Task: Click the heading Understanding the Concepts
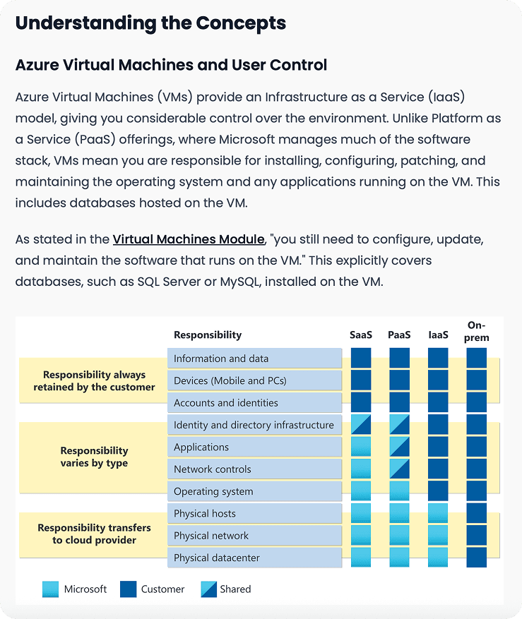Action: pyautogui.click(x=150, y=23)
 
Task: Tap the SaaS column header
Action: pyautogui.click(x=360, y=335)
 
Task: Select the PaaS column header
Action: pyautogui.click(x=399, y=335)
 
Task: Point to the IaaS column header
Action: pyautogui.click(x=438, y=335)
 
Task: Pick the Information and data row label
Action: pyautogui.click(x=220, y=359)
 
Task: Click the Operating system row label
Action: pyautogui.click(x=213, y=491)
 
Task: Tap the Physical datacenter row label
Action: pyautogui.click(x=216, y=558)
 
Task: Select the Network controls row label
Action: pyautogui.click(x=212, y=469)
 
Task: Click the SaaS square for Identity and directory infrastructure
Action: pyautogui.click(x=361, y=425)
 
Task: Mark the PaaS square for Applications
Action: pyautogui.click(x=399, y=447)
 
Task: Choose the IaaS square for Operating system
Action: pyautogui.click(x=438, y=491)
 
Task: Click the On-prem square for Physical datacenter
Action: pyautogui.click(x=477, y=558)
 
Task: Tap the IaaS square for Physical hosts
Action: pyautogui.click(x=438, y=513)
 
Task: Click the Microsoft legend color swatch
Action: pyautogui.click(x=51, y=589)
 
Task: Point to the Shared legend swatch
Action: pyautogui.click(x=210, y=589)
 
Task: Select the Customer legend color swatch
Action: pyautogui.click(x=128, y=589)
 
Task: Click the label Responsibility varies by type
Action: pyautogui.click(x=94, y=457)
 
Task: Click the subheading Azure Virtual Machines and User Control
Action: pyautogui.click(x=171, y=66)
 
